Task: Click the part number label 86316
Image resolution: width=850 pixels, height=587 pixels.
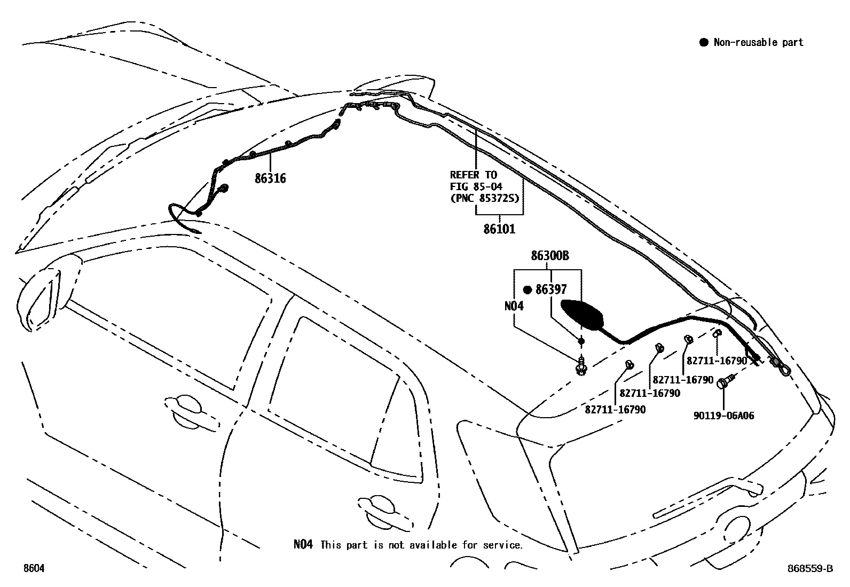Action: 270,178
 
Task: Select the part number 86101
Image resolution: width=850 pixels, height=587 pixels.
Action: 499,229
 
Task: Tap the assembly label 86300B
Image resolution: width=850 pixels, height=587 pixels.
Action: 549,256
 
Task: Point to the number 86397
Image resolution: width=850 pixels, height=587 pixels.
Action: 551,289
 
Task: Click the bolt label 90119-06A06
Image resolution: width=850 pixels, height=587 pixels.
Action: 723,415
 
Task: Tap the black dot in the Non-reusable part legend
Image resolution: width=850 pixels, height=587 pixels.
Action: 704,43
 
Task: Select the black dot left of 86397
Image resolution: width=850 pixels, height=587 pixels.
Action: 527,289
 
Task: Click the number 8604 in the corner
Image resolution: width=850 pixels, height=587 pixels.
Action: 33,569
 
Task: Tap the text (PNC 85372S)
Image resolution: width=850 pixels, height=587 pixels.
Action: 485,198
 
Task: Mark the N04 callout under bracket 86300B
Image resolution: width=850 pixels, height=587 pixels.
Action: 514,306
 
